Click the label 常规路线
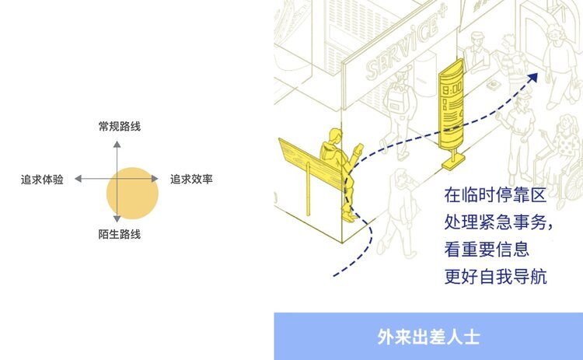(x=120, y=126)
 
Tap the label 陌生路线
(x=120, y=234)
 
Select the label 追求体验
(x=42, y=180)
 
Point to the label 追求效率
(x=191, y=180)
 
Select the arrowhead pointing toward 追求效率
(x=156, y=179)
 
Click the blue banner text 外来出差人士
(x=428, y=337)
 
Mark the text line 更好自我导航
(x=496, y=276)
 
